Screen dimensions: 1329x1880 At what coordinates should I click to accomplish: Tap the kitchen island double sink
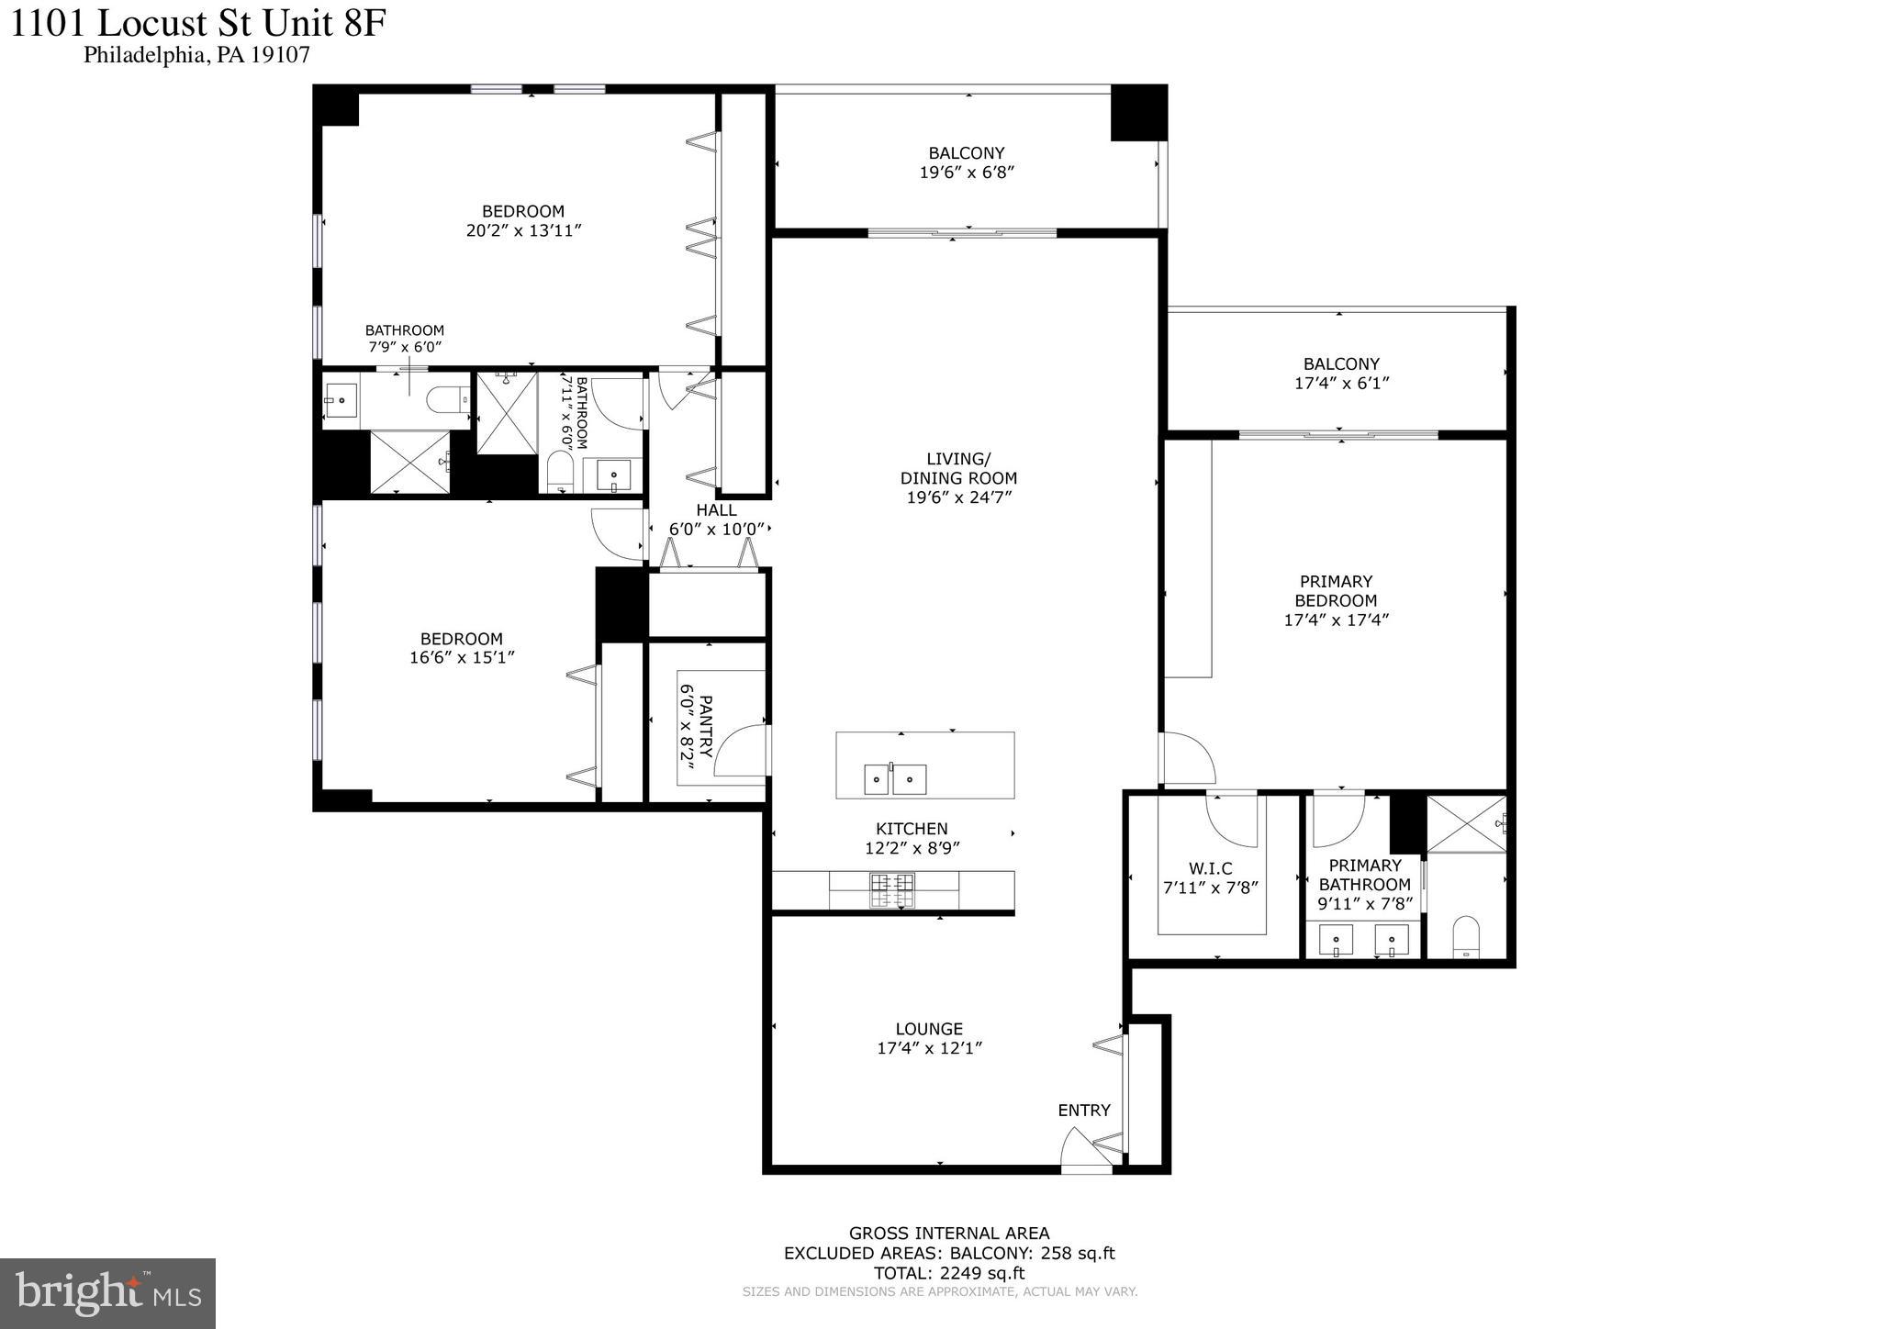coord(894,779)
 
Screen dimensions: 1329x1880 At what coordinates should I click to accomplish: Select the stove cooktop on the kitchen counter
coord(892,889)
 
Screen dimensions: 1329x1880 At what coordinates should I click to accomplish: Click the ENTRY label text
coord(1083,1110)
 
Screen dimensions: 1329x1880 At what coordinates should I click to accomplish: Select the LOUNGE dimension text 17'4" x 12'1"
coord(929,1048)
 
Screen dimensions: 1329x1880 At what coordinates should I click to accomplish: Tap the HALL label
coord(716,510)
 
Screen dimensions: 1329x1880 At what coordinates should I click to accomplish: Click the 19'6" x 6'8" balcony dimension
coord(966,173)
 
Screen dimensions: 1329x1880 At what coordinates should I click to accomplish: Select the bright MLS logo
coord(107,1292)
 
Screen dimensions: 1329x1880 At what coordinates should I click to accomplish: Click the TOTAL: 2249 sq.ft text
coord(948,1273)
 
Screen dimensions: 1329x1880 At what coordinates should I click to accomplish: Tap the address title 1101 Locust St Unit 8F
coord(196,23)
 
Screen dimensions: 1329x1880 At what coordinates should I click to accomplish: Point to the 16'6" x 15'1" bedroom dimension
coord(462,657)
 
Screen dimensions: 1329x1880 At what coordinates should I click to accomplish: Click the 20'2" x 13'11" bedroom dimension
coord(523,230)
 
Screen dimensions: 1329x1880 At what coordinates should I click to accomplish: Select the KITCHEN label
coord(912,829)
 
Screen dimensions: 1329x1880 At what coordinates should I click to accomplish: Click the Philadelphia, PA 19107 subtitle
coord(196,55)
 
